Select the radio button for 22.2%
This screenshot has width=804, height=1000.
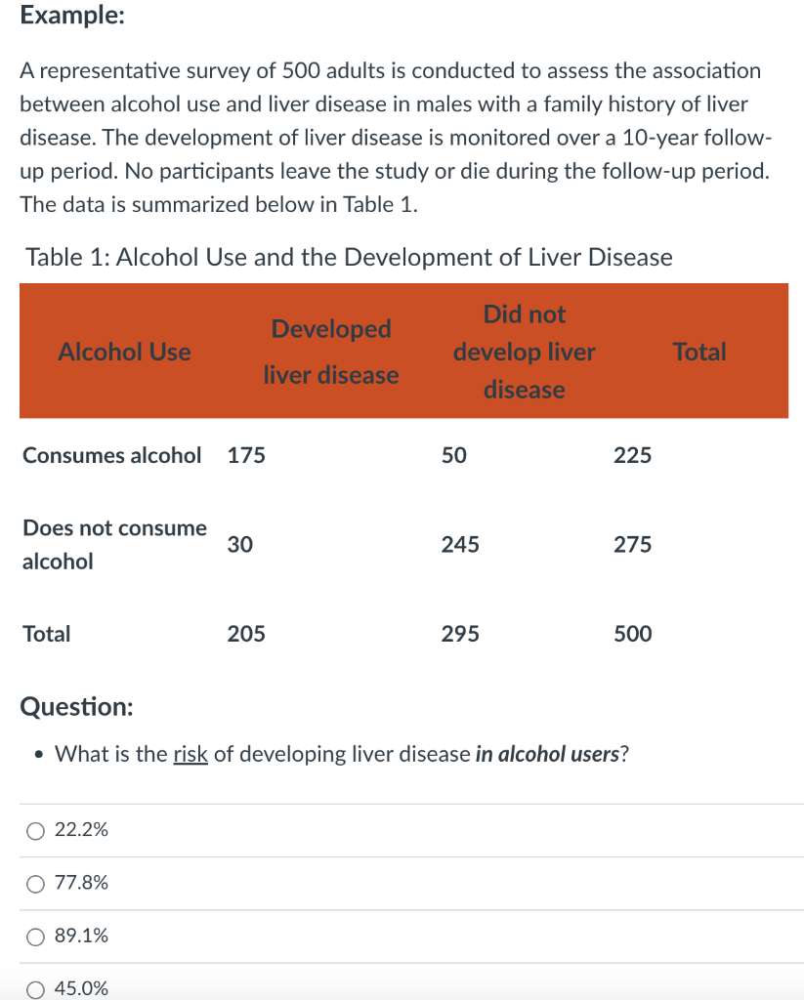coord(36,831)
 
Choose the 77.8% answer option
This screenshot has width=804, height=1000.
coord(36,884)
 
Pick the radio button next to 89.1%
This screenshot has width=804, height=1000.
coord(36,937)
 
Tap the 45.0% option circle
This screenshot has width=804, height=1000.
coord(36,988)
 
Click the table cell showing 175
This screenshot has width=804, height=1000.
coord(246,455)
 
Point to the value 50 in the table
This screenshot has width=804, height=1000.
coord(454,455)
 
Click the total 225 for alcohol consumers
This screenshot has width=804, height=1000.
coord(632,455)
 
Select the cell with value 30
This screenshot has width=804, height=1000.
coord(240,545)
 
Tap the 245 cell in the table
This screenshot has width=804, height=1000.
coord(460,545)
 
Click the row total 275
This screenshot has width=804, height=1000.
coord(632,545)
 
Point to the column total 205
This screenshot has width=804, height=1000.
coord(246,635)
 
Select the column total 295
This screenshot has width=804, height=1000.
coord(460,635)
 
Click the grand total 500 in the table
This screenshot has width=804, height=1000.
coord(632,635)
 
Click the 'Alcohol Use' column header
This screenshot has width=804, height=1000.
coord(125,352)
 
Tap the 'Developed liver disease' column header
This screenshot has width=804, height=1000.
coord(331,352)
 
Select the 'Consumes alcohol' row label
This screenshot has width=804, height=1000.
coord(112,455)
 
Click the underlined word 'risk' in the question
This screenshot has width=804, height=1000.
coord(190,754)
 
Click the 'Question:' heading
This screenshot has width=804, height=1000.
coord(77,706)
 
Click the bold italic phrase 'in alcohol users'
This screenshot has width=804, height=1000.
coord(548,754)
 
